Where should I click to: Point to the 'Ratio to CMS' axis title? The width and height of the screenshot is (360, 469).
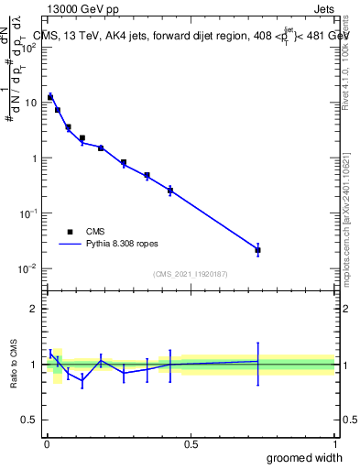tap(13, 364)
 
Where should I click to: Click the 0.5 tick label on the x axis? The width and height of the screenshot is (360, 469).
tap(191, 443)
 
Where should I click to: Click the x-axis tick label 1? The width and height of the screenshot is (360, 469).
tap(334, 443)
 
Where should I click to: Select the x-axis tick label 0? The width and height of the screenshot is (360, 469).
tap(47, 443)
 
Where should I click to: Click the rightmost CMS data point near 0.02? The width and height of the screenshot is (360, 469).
tap(257, 250)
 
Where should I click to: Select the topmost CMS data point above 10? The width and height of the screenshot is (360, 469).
tap(50, 96)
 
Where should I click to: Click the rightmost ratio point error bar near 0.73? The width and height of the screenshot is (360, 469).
tap(257, 361)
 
